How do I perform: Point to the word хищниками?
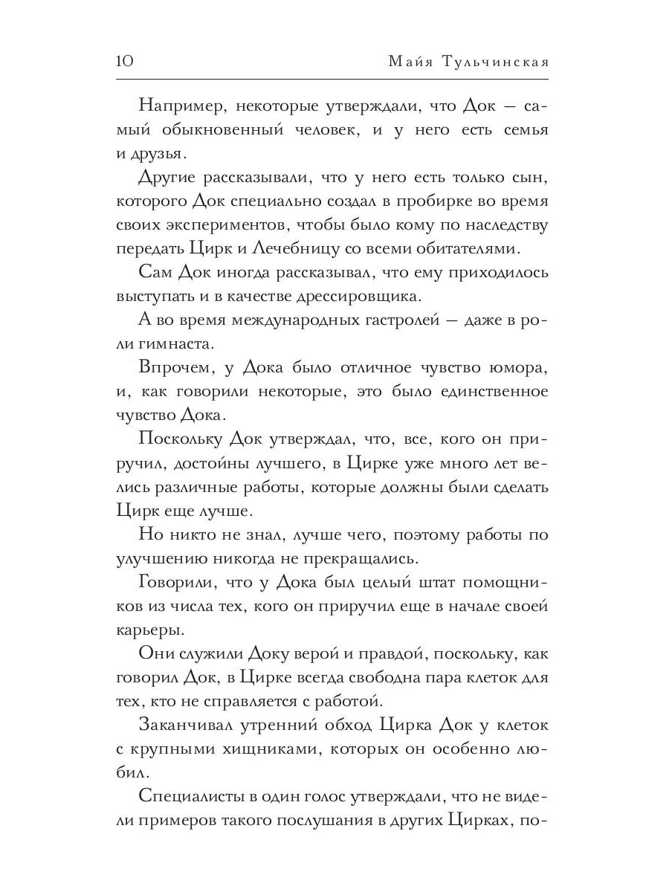[256, 749]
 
